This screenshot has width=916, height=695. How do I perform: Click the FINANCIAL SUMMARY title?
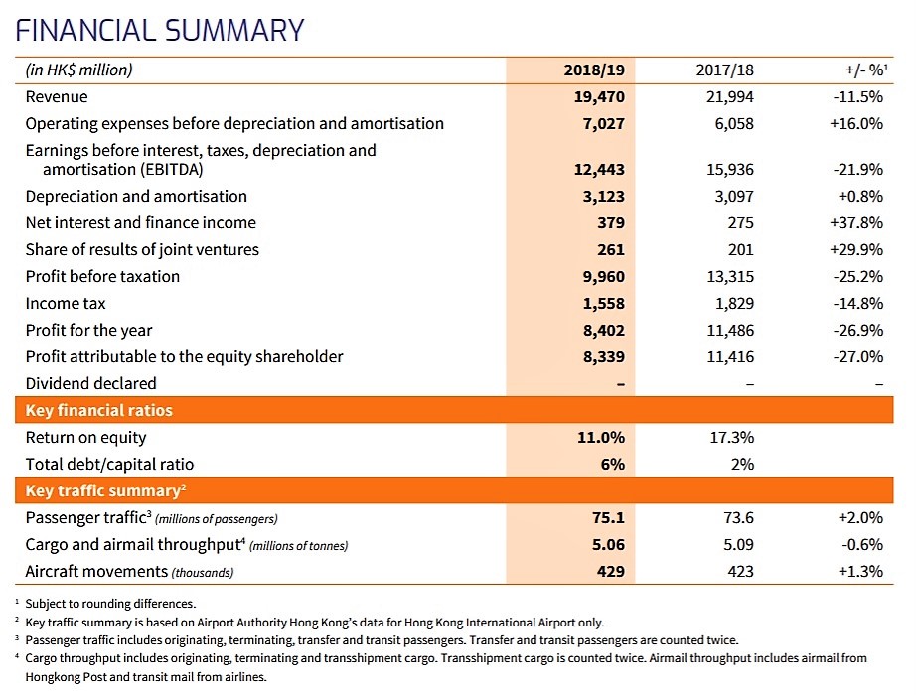160,31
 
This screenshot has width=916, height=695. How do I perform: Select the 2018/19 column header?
594,70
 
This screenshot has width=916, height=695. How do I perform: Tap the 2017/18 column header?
724,70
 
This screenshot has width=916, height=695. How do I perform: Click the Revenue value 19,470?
599,97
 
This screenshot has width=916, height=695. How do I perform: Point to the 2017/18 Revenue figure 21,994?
729,97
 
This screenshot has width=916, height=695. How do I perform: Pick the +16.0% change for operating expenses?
855,124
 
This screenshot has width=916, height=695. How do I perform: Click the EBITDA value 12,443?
599,170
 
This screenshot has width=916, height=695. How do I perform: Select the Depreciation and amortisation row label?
136,197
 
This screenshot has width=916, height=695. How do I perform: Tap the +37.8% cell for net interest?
855,223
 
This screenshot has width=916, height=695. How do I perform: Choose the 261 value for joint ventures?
611,250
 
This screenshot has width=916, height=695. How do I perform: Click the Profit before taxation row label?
102,276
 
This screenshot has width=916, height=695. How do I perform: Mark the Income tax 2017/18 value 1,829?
734,304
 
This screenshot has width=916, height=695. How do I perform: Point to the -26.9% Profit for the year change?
857,331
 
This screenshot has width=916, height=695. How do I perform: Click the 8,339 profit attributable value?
603,357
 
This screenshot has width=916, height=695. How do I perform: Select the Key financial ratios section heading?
98,411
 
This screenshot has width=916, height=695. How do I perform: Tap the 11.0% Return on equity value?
601,438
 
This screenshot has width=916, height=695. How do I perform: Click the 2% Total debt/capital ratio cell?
742,465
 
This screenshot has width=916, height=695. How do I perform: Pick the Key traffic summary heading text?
105,490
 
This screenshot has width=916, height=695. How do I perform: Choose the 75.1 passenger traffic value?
608,518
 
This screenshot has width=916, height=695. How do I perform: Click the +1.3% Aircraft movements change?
860,572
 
